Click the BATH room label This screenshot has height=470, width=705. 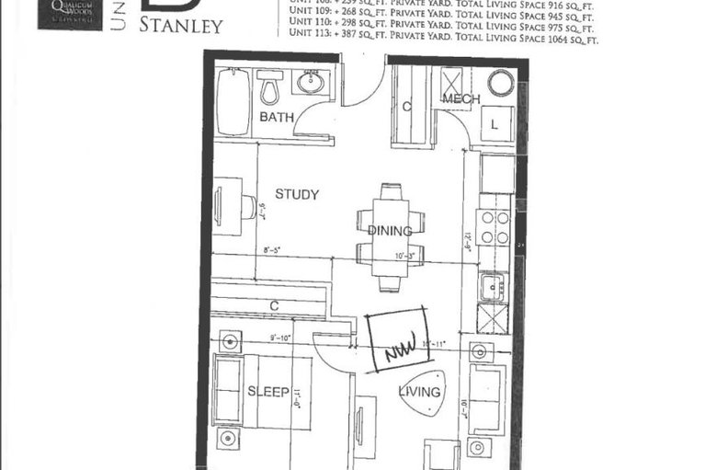point(276,118)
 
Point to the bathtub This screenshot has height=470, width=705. point(233,103)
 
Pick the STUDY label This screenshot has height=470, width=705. point(296,195)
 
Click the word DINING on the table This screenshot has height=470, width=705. point(390,231)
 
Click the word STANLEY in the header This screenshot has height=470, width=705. point(181,25)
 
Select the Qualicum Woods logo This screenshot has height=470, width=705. point(69,14)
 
